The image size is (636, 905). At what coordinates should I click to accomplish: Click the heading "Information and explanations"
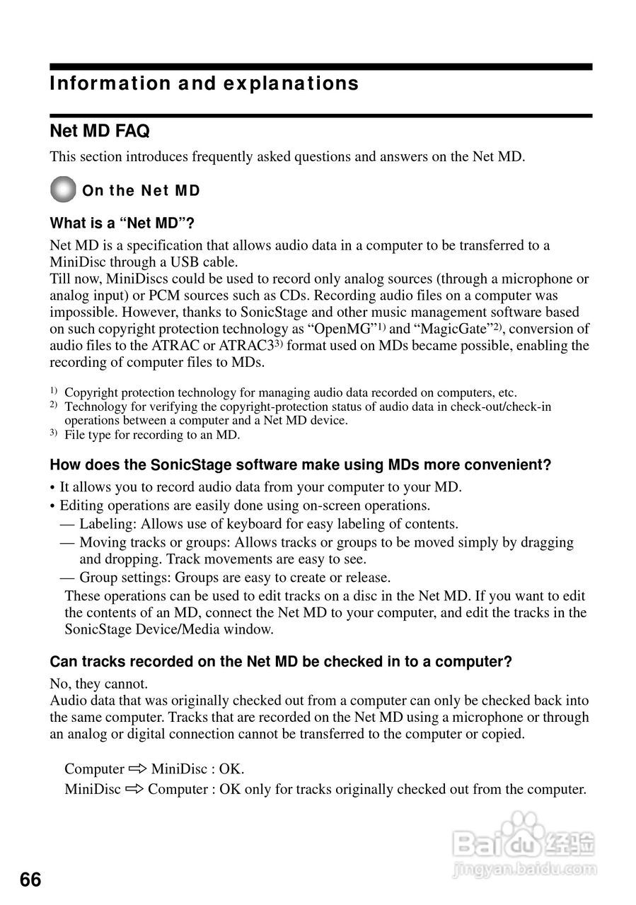(x=204, y=83)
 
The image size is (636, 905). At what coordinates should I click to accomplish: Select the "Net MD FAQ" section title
(x=99, y=132)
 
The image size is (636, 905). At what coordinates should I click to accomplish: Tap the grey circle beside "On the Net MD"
(x=63, y=189)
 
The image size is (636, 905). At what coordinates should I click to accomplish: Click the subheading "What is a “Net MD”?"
(x=122, y=223)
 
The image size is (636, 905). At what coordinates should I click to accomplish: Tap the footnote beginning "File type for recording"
(x=151, y=435)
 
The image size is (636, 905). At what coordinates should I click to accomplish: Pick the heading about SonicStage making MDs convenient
(x=300, y=465)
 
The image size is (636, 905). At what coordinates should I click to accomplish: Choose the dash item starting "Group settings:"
(x=234, y=578)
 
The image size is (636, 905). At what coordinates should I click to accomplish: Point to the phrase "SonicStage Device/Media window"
(x=168, y=629)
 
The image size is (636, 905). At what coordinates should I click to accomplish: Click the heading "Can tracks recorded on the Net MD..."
(x=280, y=662)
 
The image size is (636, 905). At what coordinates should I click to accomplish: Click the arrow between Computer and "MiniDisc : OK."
(x=137, y=769)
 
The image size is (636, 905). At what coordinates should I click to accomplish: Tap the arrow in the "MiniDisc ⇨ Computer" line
(x=134, y=788)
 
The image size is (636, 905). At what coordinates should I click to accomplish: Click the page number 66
(x=30, y=880)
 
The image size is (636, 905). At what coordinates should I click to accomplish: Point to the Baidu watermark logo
(x=524, y=841)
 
